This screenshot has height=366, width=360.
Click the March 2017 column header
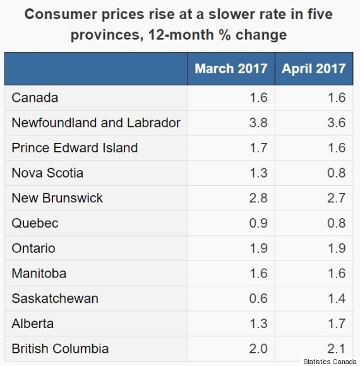(x=231, y=68)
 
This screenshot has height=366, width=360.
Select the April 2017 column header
(x=314, y=68)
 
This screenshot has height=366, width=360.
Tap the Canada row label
(x=35, y=97)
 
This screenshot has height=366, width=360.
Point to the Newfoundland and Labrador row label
(x=96, y=123)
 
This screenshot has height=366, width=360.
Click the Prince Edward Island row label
(x=75, y=148)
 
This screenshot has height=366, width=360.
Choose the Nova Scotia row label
(x=47, y=173)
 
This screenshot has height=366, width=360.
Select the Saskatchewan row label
(x=55, y=298)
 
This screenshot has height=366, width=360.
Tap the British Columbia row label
(x=60, y=348)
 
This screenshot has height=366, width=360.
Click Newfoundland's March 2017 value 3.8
(x=258, y=123)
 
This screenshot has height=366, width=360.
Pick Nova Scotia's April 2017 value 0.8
(x=337, y=173)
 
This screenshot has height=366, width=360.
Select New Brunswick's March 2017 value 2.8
(x=258, y=198)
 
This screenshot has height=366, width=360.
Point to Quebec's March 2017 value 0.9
(x=258, y=223)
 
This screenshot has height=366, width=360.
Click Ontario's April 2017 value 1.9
(x=337, y=248)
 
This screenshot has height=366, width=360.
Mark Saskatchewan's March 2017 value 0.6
(x=258, y=298)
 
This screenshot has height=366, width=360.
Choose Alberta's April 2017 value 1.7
(x=337, y=324)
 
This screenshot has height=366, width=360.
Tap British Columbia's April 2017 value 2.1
(x=337, y=348)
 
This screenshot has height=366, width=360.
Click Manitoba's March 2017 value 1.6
(x=258, y=273)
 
